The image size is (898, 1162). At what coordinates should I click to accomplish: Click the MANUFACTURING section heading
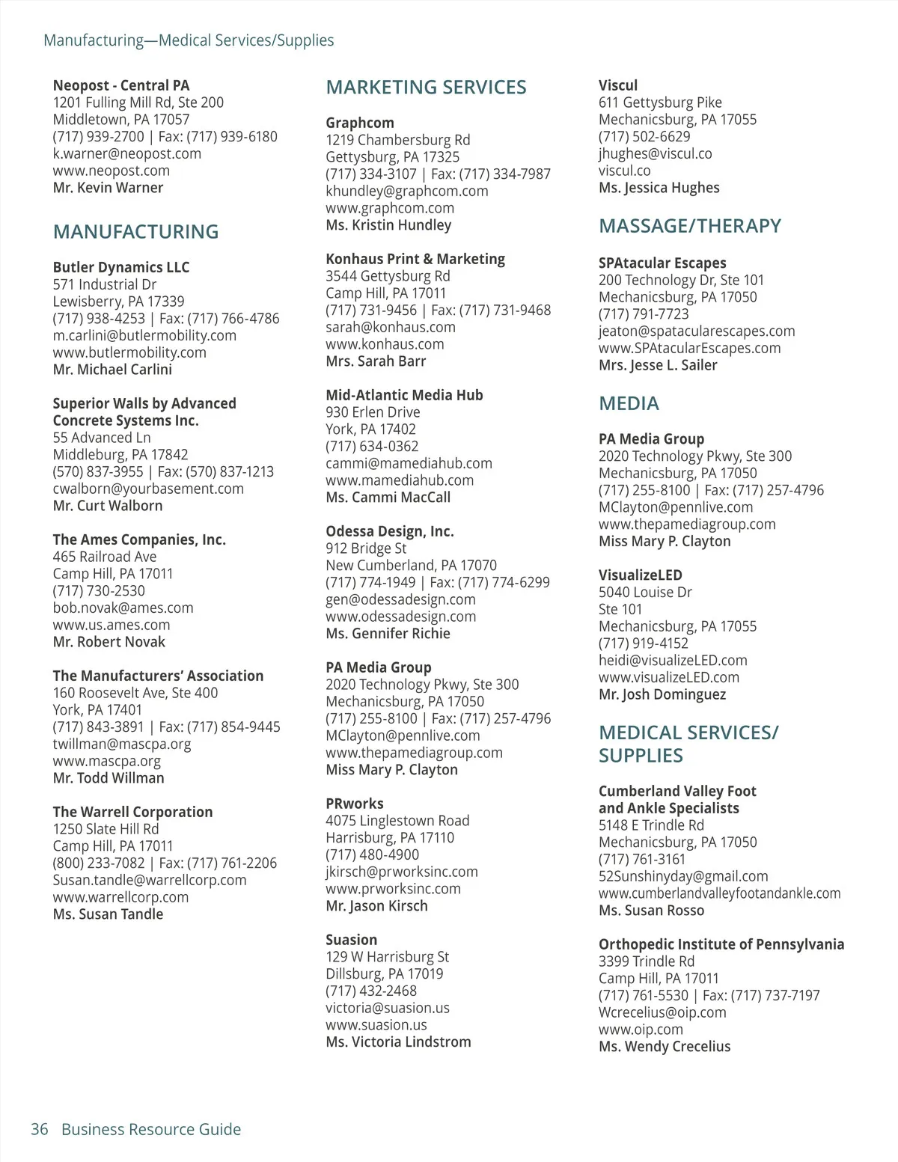(x=135, y=232)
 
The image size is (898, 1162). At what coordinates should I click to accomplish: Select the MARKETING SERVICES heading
(x=426, y=88)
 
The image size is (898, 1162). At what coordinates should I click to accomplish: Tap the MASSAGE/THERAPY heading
(x=689, y=226)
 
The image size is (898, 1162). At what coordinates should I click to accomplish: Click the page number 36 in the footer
(x=39, y=1129)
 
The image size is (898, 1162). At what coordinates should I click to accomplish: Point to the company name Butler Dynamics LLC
(x=120, y=267)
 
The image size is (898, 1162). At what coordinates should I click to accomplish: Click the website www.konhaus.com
(x=385, y=344)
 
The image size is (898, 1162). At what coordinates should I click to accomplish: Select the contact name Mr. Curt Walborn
(x=107, y=506)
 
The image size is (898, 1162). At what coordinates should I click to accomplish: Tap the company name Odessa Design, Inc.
(x=389, y=531)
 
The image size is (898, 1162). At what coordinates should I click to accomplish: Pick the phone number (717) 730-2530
(x=99, y=591)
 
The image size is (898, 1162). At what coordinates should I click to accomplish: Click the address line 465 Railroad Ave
(x=104, y=557)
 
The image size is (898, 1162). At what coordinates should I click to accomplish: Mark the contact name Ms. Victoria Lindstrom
(x=398, y=1042)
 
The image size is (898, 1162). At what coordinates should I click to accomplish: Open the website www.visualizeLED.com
(x=668, y=677)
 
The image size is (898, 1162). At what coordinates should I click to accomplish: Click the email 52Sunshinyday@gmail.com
(x=682, y=876)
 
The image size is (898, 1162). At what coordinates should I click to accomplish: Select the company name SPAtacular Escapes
(x=662, y=263)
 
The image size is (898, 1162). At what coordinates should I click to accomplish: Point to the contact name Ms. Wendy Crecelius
(x=664, y=1046)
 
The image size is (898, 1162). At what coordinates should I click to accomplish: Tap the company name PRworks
(x=354, y=804)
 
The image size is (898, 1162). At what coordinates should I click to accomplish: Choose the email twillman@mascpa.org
(x=121, y=744)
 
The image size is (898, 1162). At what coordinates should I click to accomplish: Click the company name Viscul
(x=617, y=85)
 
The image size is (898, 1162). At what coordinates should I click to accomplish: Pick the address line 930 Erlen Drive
(x=372, y=412)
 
